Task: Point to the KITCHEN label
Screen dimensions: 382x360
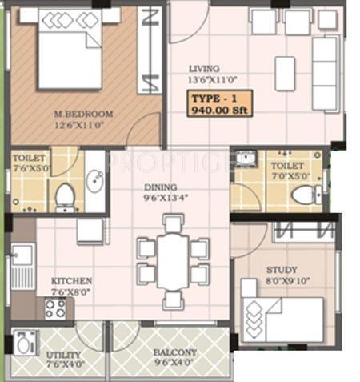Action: [x=71, y=281]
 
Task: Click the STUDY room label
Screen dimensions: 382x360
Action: [x=282, y=270]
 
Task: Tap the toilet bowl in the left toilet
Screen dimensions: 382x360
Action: [x=65, y=195]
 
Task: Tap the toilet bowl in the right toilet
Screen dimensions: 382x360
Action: [x=303, y=195]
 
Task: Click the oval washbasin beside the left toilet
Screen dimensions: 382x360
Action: [x=94, y=181]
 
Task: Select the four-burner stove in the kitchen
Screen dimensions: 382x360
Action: [x=55, y=308]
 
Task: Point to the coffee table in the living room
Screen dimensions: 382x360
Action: [x=285, y=74]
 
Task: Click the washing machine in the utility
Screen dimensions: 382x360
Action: [x=25, y=344]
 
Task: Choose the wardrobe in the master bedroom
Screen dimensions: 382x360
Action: [x=148, y=50]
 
